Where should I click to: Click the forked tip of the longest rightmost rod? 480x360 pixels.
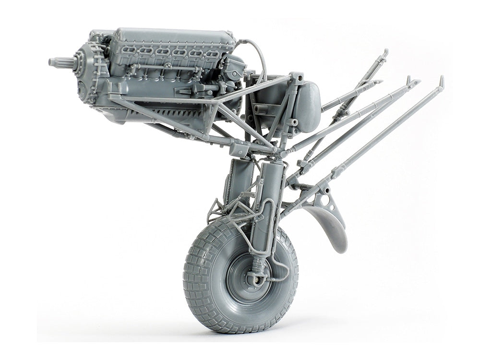pyautogui.click(x=441, y=82)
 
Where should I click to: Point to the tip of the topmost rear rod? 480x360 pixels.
pyautogui.click(x=385, y=52)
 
